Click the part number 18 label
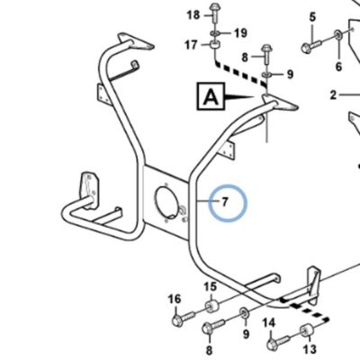[193, 14]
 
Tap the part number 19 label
[240, 33]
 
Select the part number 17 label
[192, 45]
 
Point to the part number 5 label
[312, 17]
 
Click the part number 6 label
[338, 67]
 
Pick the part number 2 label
[333, 95]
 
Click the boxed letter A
[211, 96]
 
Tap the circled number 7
[225, 202]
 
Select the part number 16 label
[175, 299]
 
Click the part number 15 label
[211, 287]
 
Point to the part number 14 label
[269, 323]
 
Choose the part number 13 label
[310, 349]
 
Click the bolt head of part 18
[215, 6]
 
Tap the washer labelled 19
[215, 32]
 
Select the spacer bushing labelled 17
[215, 45]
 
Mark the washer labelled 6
[338, 34]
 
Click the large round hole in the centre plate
[166, 201]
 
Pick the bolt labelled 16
[184, 318]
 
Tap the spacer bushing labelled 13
[306, 330]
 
